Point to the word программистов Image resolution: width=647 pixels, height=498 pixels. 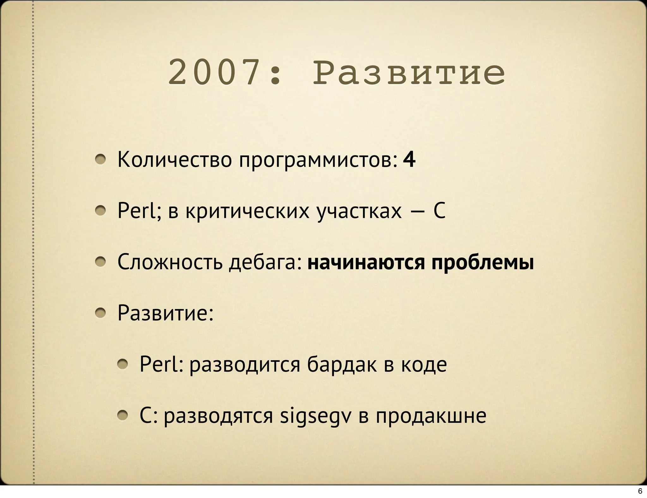[x=318, y=161]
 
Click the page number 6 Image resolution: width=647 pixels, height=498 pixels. [x=640, y=491]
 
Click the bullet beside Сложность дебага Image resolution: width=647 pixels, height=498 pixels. [x=100, y=262]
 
